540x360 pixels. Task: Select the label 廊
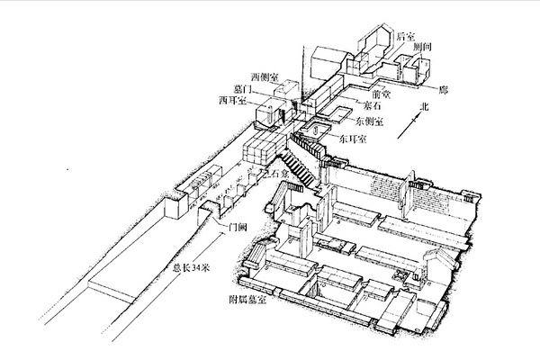(442, 91)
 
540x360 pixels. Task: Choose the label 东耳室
(353, 140)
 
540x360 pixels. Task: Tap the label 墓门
(247, 89)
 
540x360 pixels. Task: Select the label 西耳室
(232, 100)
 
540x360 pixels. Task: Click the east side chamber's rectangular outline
(339, 115)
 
